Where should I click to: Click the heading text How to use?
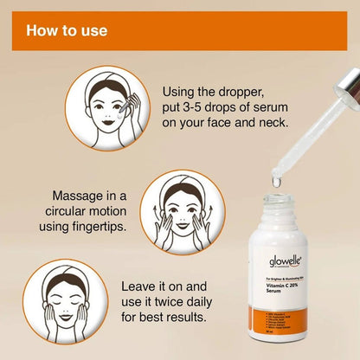click(x=67, y=31)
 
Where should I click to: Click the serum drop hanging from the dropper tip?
click(x=275, y=181)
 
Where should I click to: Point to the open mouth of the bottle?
click(x=275, y=205)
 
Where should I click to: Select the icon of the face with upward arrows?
click(x=182, y=212)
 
